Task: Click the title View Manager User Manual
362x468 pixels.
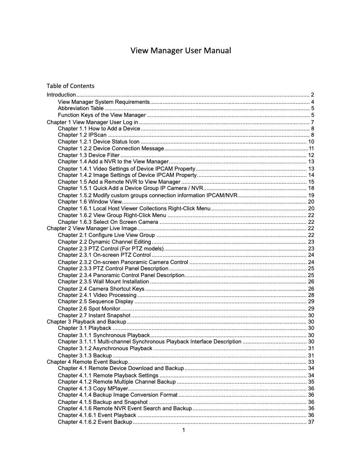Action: click(181, 51)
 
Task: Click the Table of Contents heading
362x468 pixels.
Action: click(70, 86)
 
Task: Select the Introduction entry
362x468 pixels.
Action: click(61, 95)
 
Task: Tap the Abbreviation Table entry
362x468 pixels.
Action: click(80, 108)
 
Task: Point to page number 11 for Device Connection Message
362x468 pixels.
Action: click(311, 148)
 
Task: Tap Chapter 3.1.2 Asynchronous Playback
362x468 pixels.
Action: click(105, 348)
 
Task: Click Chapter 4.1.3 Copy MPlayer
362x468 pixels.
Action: click(93, 389)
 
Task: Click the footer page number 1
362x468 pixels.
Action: click(183, 430)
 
